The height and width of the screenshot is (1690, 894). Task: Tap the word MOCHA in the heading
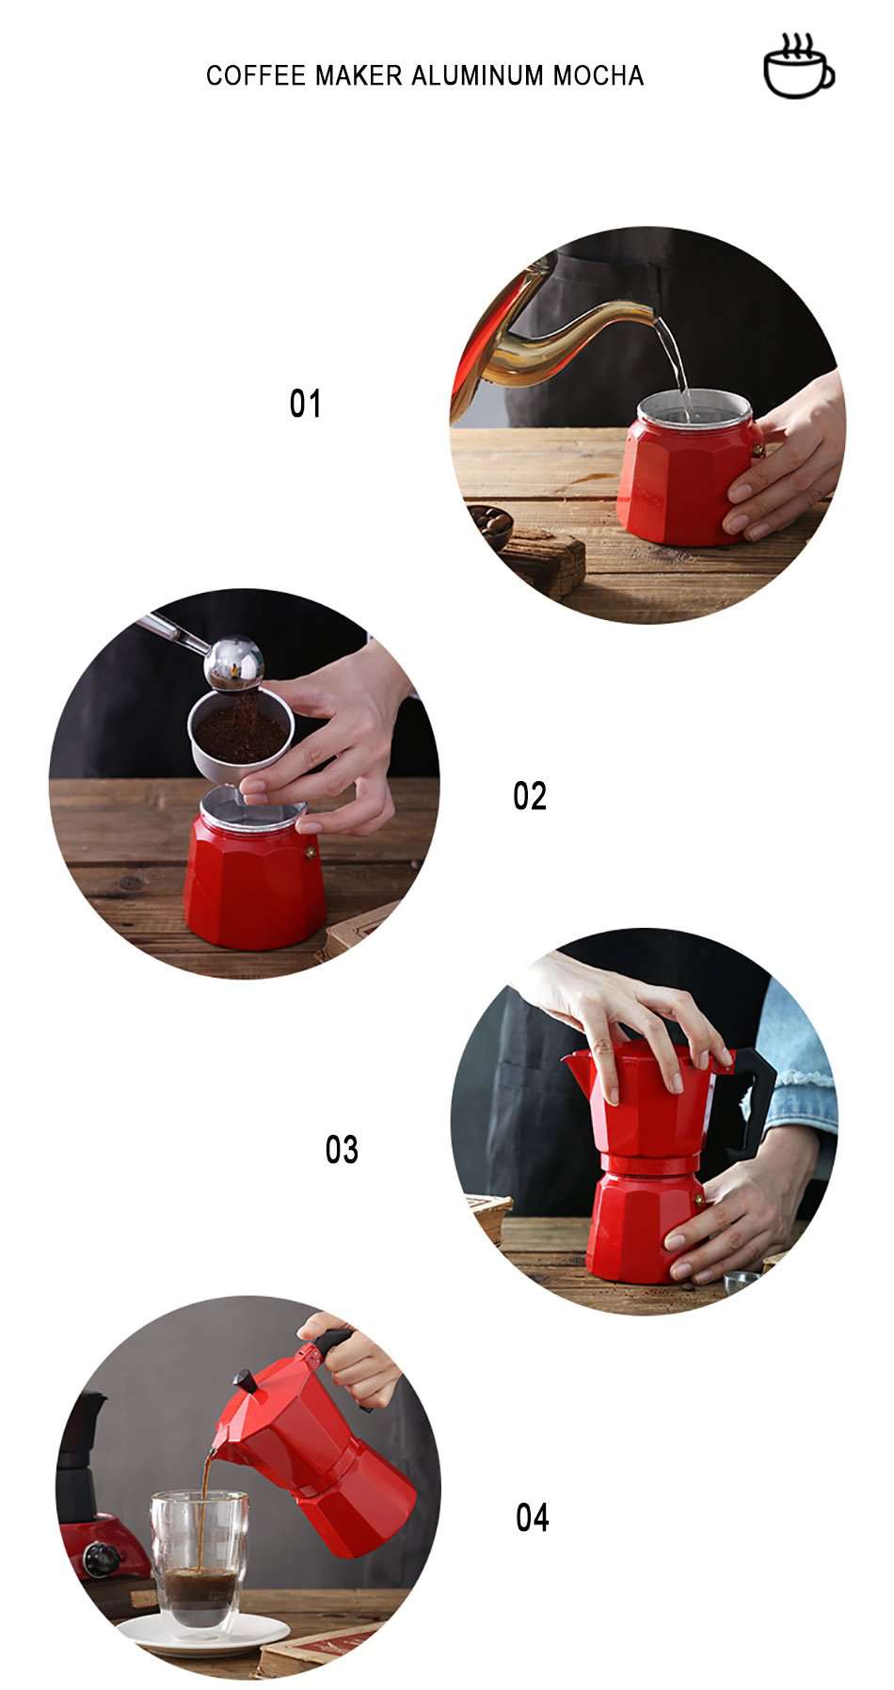point(598,75)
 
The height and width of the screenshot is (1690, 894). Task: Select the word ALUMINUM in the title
point(478,75)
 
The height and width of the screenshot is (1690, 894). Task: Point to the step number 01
point(305,404)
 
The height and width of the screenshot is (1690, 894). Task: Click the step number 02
point(530,796)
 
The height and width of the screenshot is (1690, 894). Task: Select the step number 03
point(342,1150)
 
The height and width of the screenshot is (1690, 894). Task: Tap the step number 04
point(532,1518)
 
